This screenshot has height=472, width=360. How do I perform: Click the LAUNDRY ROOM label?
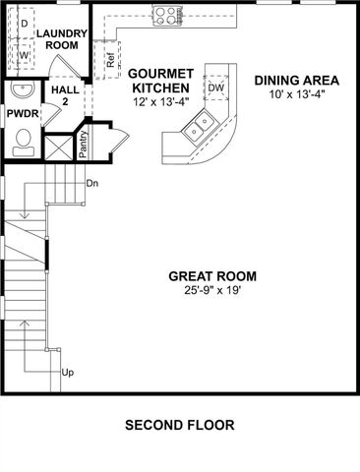[62, 39]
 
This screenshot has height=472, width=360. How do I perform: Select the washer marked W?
[24, 55]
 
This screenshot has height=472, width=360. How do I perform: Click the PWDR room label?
[22, 114]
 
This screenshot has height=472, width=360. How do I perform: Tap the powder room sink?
[22, 91]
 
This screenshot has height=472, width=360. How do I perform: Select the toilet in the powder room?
[23, 145]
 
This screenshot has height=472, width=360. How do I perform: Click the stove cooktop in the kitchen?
[167, 15]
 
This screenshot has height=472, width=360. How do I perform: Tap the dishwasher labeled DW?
[216, 88]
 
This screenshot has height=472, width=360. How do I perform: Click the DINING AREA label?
[296, 80]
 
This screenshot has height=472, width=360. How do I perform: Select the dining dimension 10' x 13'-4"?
[296, 94]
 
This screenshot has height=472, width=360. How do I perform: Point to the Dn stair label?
[91, 184]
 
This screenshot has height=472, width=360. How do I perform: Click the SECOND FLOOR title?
[180, 426]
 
